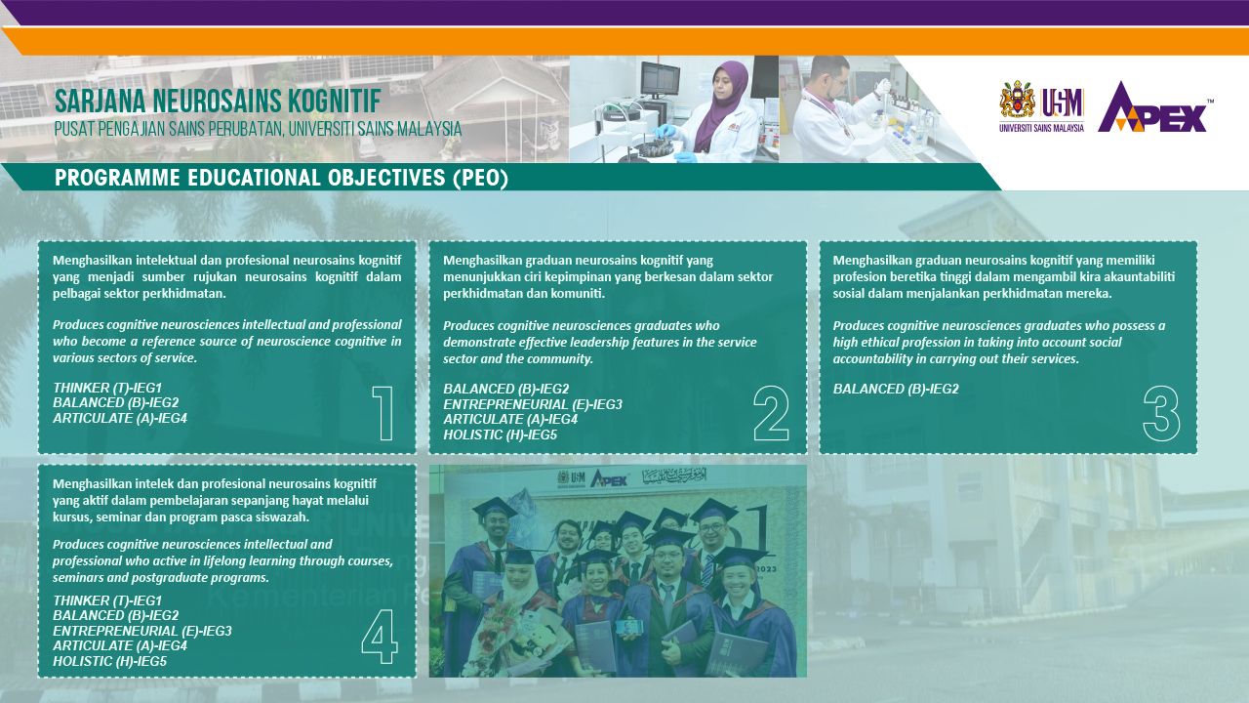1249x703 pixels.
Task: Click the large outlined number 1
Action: (384, 413)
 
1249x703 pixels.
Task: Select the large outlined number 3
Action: (1161, 414)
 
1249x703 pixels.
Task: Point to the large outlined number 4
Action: (380, 636)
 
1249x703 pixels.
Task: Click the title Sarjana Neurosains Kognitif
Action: (218, 101)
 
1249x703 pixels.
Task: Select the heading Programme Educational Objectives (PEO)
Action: (282, 178)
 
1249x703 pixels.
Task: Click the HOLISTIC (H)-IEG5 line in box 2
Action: (501, 434)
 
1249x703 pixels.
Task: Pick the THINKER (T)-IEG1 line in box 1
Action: (107, 388)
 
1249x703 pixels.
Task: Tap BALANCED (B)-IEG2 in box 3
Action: (896, 389)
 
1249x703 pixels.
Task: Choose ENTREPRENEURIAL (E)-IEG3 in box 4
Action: (142, 631)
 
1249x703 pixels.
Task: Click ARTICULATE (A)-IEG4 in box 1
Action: (120, 418)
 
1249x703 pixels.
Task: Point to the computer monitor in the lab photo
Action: (661, 78)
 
